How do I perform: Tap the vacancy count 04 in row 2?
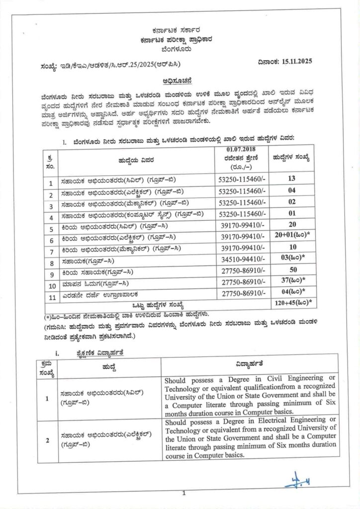coord(291,191)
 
